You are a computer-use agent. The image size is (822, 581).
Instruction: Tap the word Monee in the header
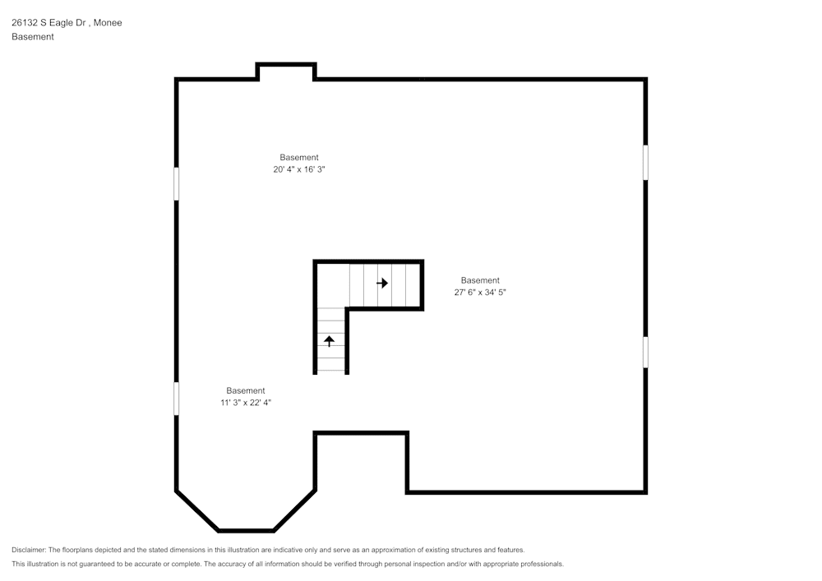tap(108, 23)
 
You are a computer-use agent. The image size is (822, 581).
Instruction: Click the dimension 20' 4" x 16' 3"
tap(299, 169)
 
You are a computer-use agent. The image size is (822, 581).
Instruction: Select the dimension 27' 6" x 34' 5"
tap(480, 292)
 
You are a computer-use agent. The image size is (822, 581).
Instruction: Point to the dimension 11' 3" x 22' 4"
tap(246, 403)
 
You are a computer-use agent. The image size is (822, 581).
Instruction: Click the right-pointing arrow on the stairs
tap(382, 283)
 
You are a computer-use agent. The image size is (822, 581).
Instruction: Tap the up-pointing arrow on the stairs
tap(330, 341)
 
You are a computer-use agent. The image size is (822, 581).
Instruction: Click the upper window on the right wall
tap(645, 162)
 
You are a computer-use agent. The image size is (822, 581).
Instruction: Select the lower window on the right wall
tap(645, 352)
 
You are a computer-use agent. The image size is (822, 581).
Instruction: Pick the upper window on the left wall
tap(176, 183)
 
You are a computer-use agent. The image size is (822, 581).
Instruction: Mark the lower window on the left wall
tap(176, 398)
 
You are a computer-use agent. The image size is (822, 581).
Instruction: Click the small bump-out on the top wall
tap(286, 66)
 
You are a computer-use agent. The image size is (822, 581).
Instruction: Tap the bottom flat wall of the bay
tap(247, 531)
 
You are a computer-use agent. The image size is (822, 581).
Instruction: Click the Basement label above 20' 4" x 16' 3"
tap(299, 157)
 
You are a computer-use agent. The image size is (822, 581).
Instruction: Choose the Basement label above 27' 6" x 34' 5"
tap(480, 280)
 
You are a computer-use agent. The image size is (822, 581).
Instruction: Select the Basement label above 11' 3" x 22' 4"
tap(246, 390)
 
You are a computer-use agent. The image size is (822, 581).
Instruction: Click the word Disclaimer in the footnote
tap(29, 550)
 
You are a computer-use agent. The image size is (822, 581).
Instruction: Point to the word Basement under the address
tap(33, 37)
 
